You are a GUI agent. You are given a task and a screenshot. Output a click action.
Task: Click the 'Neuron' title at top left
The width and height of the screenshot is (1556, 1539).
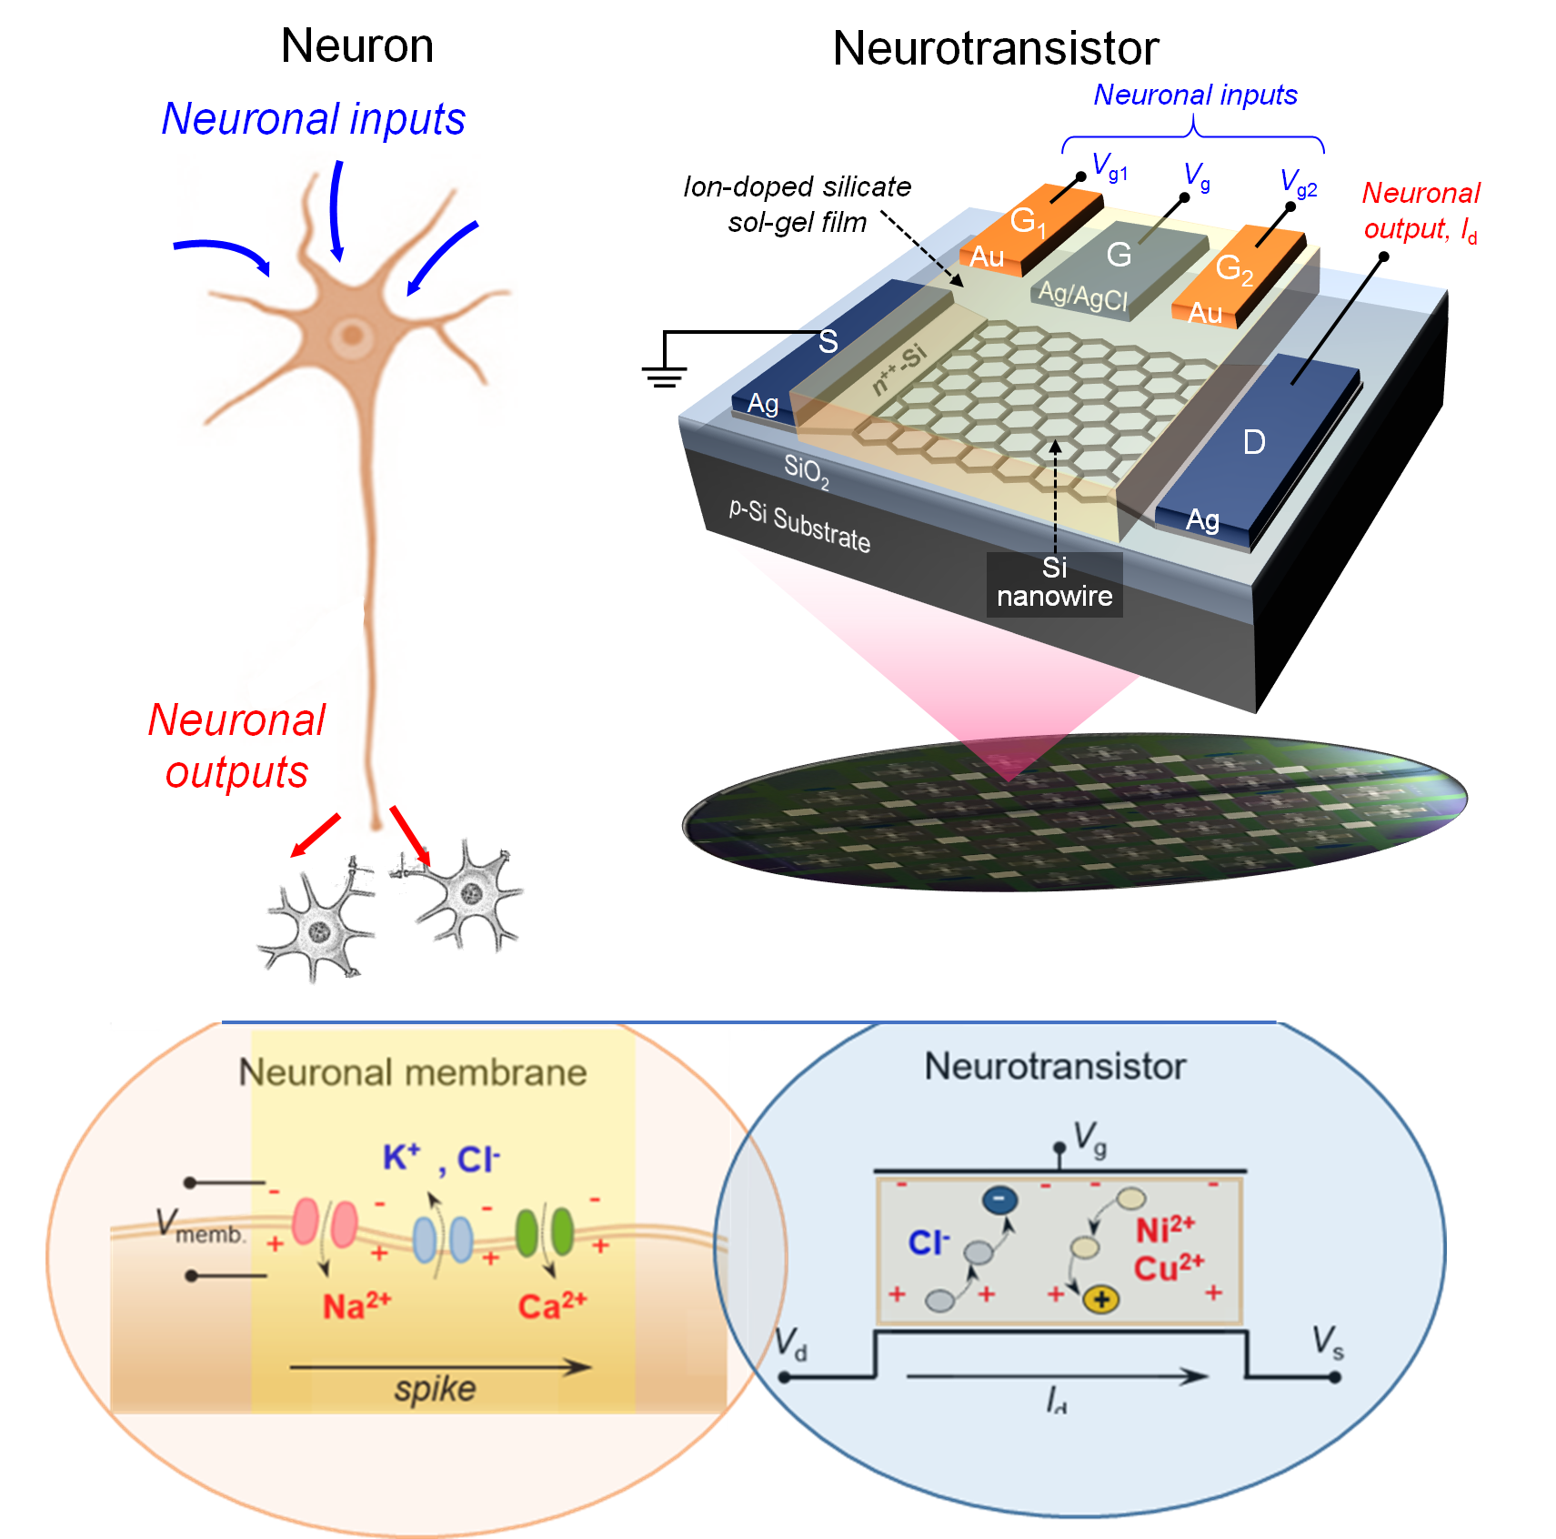click(x=356, y=45)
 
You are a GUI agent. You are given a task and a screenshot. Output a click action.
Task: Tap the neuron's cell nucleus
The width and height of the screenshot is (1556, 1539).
click(x=351, y=336)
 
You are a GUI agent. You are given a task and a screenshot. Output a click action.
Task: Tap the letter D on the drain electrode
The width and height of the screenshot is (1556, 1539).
click(x=1254, y=443)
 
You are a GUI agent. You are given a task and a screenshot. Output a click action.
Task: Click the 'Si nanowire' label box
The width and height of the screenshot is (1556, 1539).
click(x=1054, y=582)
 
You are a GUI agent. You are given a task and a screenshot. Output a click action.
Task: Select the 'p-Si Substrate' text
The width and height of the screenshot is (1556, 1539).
click(x=799, y=527)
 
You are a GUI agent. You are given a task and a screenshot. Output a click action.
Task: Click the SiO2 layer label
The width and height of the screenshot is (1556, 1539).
click(x=806, y=470)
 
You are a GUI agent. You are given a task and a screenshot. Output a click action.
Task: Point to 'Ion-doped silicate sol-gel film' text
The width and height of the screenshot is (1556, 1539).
click(x=797, y=204)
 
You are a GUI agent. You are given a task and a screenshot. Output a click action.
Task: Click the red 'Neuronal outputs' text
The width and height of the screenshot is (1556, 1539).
click(x=236, y=746)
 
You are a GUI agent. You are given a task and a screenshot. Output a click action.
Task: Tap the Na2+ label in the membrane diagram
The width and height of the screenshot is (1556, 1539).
click(x=356, y=1306)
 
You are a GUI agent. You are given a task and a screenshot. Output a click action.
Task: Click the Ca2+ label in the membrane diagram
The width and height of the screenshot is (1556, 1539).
click(x=552, y=1306)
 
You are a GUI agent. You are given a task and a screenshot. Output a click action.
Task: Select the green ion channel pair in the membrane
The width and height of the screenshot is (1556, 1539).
click(x=544, y=1232)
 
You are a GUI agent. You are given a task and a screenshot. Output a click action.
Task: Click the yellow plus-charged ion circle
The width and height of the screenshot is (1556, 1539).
click(x=1101, y=1300)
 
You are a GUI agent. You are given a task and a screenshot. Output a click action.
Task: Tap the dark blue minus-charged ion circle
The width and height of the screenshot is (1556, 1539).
click(x=999, y=1200)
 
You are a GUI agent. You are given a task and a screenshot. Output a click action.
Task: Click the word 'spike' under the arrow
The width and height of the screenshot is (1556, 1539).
click(x=435, y=1389)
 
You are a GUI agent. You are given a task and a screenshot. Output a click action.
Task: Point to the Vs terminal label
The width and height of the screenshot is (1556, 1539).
click(x=1327, y=1341)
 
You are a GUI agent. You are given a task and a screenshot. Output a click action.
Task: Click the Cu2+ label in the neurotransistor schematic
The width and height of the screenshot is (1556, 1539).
click(x=1168, y=1267)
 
